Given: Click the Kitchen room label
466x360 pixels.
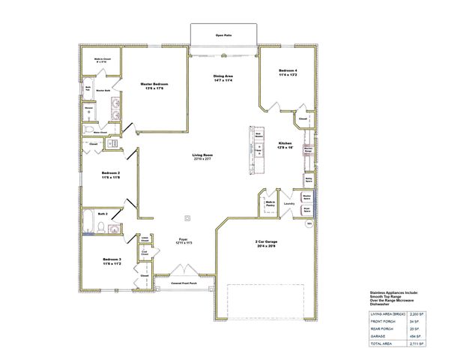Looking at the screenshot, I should (285, 145).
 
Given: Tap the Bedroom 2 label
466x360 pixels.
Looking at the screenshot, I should (111, 175).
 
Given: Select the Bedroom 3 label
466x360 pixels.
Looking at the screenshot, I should (112, 259).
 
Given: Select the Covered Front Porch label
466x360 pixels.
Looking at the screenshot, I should (184, 283).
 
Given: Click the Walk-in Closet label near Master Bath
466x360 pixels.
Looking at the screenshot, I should (103, 60).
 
